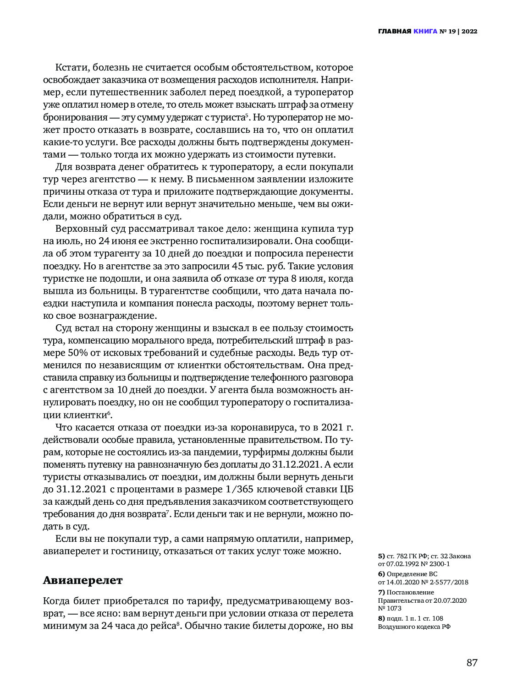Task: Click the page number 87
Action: [472, 663]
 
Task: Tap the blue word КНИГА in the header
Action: [425, 32]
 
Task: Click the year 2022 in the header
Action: [469, 32]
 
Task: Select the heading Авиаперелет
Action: [83, 580]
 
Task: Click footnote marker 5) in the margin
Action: [381, 556]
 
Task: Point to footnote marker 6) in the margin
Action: [381, 574]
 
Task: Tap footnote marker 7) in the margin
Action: [381, 592]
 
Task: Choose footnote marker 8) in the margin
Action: [381, 618]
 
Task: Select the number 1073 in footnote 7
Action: [394, 608]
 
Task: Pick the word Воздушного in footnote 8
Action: [396, 627]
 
